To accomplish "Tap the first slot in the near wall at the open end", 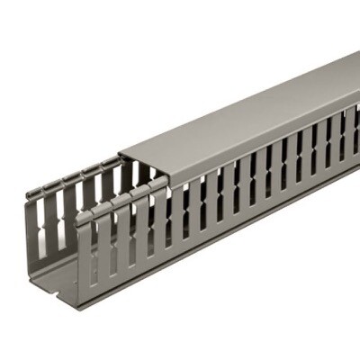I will pos(94,252).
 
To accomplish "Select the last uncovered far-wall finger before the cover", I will pos(112,184).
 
